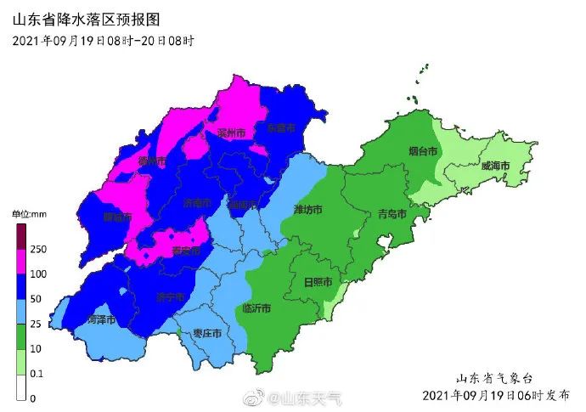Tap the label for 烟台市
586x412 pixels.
(x=423, y=151)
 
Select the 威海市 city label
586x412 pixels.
(x=494, y=165)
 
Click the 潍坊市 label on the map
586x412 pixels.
(x=307, y=209)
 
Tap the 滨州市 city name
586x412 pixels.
(x=231, y=133)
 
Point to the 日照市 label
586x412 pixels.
(x=318, y=282)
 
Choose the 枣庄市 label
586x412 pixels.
(x=207, y=332)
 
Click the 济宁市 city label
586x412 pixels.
(x=171, y=297)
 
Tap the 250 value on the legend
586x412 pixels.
(x=38, y=249)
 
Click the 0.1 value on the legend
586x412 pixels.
(x=38, y=374)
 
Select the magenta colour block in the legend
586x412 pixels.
(x=20, y=262)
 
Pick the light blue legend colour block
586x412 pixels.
(x=20, y=313)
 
